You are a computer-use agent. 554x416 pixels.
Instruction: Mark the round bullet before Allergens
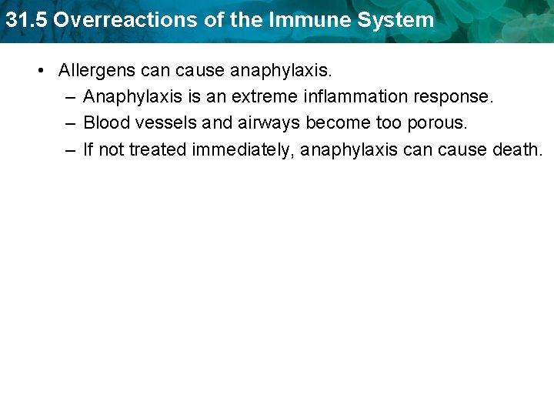(39, 71)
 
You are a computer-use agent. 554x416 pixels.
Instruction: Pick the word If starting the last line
(88, 149)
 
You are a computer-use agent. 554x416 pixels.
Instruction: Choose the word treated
(158, 149)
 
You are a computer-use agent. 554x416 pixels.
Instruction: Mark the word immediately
(244, 150)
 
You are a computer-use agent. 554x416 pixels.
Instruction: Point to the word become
(339, 123)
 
